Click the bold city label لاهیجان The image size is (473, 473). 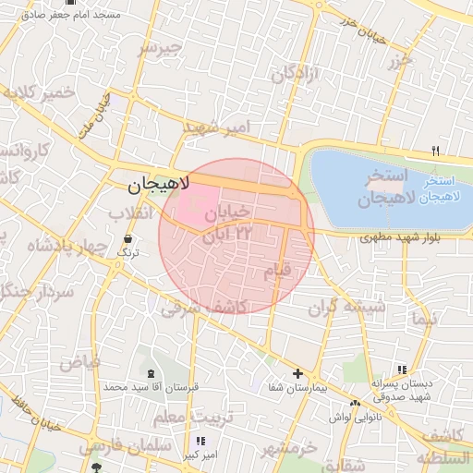coord(156,186)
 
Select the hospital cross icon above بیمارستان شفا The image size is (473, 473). coord(297,373)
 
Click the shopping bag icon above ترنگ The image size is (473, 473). coord(127,238)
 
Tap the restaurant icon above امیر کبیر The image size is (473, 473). coord(200,442)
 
